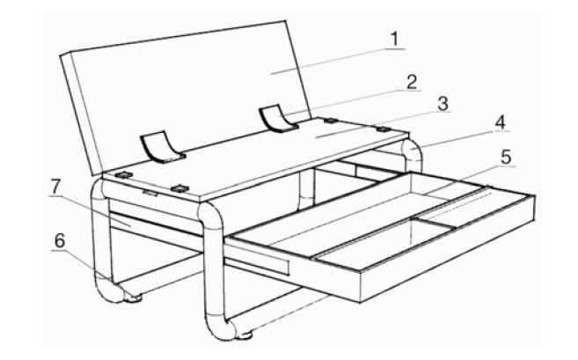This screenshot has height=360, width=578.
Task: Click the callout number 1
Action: click(x=394, y=40)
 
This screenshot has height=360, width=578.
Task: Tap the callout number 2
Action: click(x=412, y=82)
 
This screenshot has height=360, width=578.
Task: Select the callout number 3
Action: click(x=443, y=104)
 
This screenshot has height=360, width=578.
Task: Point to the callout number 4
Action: click(x=500, y=123)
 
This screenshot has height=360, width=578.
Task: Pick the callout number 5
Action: click(x=507, y=158)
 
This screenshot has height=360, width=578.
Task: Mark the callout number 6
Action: click(x=59, y=241)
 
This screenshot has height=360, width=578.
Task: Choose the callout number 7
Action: click(x=55, y=187)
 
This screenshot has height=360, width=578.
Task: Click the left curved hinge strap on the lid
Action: click(x=162, y=146)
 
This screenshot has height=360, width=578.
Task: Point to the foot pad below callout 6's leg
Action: click(x=134, y=298)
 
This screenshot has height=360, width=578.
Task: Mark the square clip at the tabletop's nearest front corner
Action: click(x=179, y=189)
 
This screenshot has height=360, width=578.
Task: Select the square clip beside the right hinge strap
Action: click(x=330, y=121)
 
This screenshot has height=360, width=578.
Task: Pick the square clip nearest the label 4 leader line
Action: click(x=383, y=129)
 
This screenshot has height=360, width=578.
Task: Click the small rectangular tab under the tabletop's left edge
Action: click(x=150, y=194)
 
